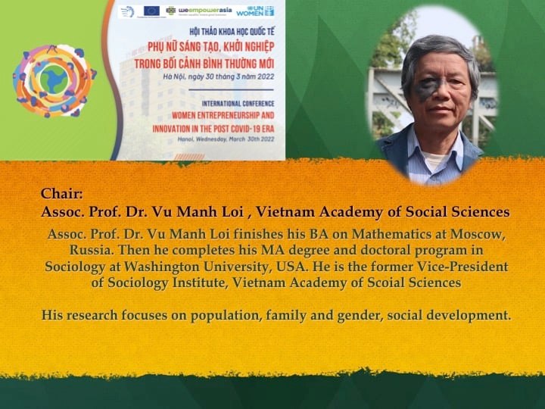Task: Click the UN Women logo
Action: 255,11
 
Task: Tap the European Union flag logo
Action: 151,11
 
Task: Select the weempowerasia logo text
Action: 205,11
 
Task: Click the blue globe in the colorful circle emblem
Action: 54,80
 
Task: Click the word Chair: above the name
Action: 62,194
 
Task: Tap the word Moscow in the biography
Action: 477,234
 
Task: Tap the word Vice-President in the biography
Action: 462,267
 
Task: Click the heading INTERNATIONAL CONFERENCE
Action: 238,104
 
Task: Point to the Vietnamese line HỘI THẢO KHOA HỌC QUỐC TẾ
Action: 232,32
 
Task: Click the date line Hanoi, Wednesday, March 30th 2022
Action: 226,139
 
